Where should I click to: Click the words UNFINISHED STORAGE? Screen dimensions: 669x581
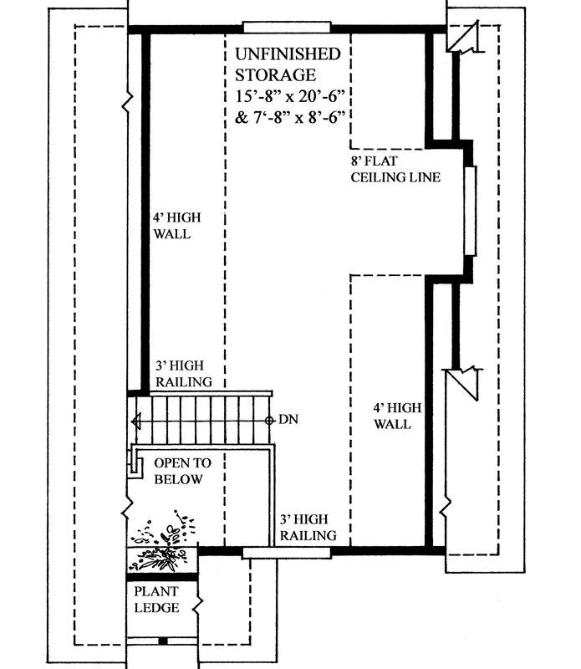pos(288,64)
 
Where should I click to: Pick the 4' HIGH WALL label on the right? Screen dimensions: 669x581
pos(392,416)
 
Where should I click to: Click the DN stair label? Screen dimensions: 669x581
pos(288,419)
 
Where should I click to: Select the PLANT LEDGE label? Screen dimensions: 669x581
pos(156,600)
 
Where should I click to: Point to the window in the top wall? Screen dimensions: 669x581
pos(286,26)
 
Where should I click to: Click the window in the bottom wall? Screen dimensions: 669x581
pos(286,552)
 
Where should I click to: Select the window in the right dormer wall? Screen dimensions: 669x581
pos(471,211)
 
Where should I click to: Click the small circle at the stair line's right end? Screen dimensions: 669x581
pos(269,420)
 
